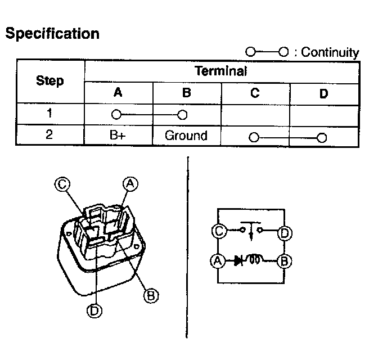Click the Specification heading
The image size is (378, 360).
pos(52,34)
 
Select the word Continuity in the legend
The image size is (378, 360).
pos(330,52)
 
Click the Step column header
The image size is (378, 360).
pos(50,81)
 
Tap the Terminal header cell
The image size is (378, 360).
pos(221,71)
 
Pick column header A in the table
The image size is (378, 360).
pos(118,93)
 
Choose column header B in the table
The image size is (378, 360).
pos(186,93)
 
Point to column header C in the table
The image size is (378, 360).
pos(255,93)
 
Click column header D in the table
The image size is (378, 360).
pos(323,94)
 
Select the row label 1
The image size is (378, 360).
pos(50,113)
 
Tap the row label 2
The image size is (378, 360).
pos(50,136)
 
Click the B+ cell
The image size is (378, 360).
pos(118,136)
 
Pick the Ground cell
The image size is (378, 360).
pos(186,136)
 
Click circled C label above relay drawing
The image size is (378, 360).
pos(62,183)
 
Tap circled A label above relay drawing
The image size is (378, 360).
pos(130,183)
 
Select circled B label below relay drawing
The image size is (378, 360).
pos(150,294)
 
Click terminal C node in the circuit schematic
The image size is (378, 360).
pos(218,231)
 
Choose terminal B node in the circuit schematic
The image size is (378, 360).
pos(285,260)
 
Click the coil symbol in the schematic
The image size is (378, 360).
pos(256,260)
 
